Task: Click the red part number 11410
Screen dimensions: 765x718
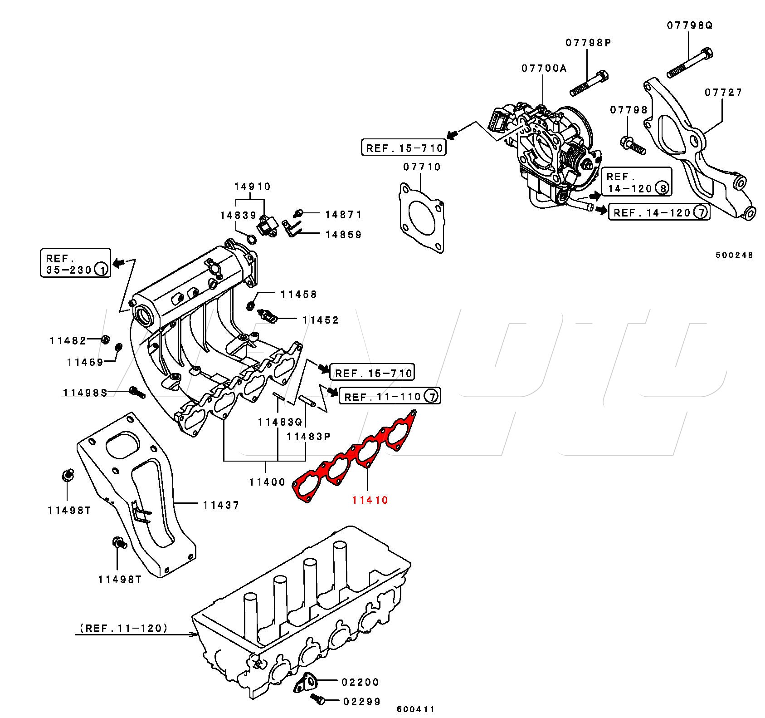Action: coord(370,500)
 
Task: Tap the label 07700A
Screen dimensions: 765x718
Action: coord(544,68)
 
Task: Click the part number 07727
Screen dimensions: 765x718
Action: coord(723,93)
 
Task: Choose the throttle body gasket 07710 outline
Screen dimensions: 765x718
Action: coord(421,217)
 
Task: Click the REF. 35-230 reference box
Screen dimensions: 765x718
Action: coord(75,263)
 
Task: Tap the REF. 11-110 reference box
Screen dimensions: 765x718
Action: coord(390,397)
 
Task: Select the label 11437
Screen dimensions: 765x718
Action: coord(221,505)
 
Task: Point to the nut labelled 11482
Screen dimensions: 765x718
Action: coord(104,339)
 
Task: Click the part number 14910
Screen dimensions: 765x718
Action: coord(252,187)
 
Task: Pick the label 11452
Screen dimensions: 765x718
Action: coord(321,320)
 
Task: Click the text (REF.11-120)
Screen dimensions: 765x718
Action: coord(123,628)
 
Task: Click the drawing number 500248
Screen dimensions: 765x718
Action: coord(734,255)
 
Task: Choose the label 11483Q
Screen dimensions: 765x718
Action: coord(280,422)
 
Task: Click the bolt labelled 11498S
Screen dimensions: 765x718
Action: coord(137,392)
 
